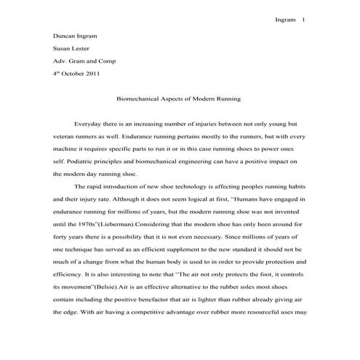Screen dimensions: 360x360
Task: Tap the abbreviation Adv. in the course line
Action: (x=60, y=60)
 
